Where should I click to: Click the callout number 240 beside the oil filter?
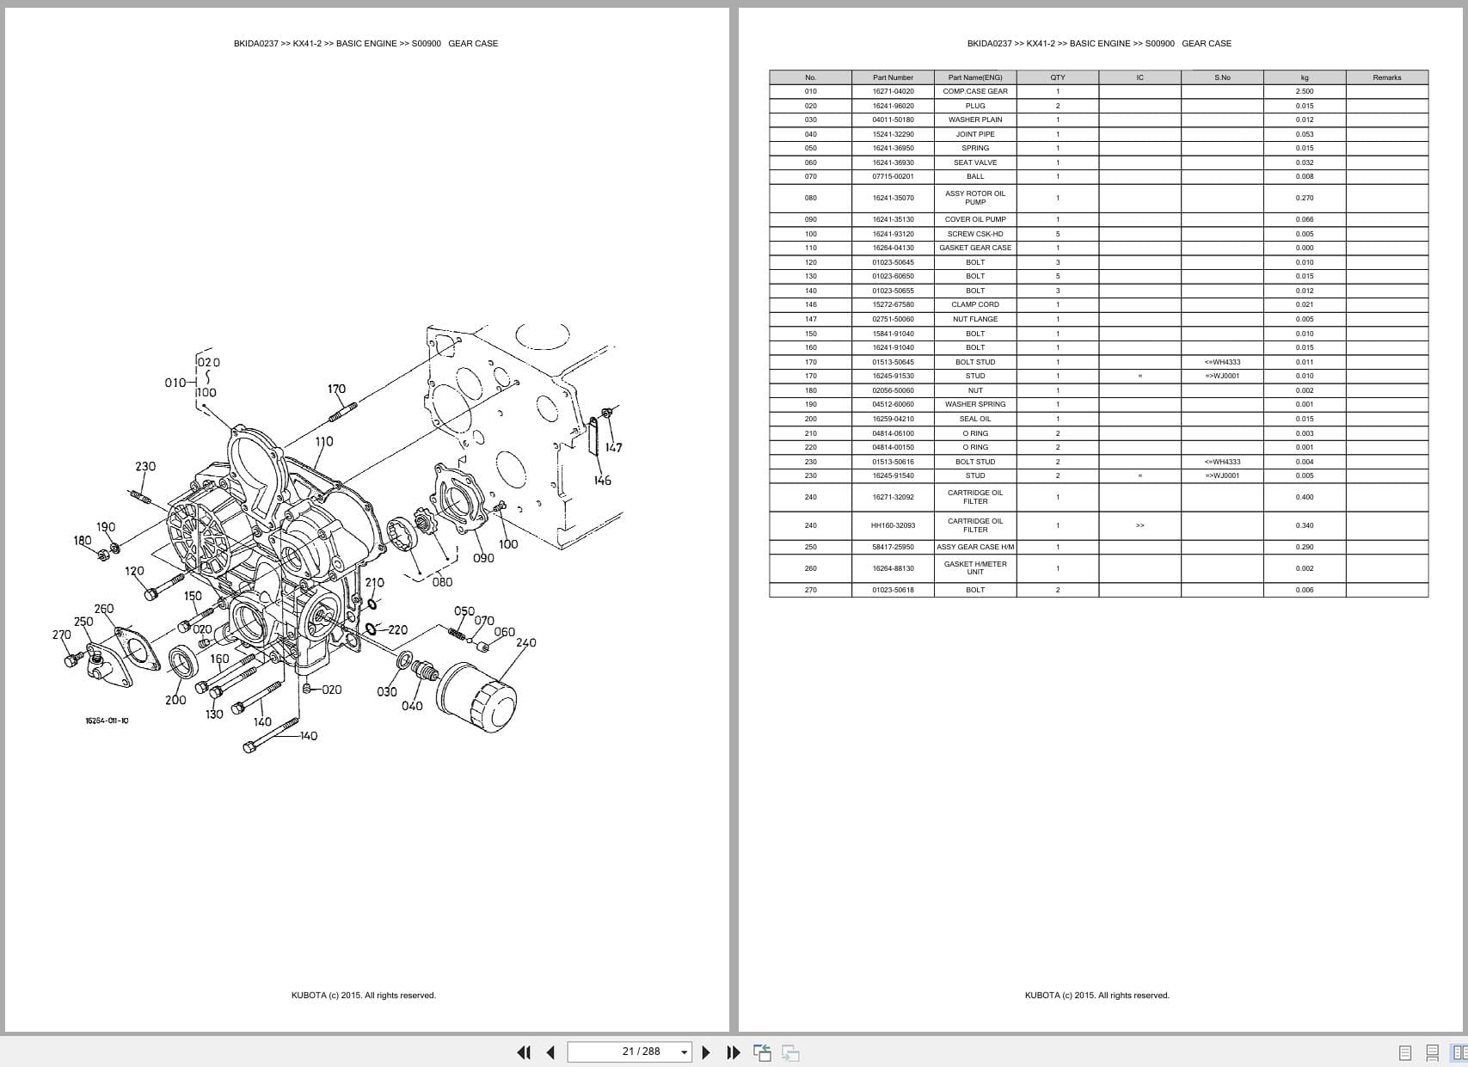(x=525, y=642)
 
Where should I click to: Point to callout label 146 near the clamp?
(x=602, y=481)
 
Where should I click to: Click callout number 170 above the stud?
(x=336, y=389)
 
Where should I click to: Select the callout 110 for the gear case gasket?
(x=323, y=442)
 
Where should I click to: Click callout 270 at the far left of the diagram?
(x=61, y=635)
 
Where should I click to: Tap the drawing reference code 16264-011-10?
(x=107, y=721)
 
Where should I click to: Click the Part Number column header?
(x=893, y=77)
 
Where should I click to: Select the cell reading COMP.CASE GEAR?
(x=975, y=91)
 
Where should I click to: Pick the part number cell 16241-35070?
(x=893, y=198)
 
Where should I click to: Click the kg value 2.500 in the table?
(x=1304, y=91)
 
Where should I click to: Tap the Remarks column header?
(x=1386, y=77)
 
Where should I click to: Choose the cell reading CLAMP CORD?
(x=975, y=304)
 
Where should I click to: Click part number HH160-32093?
(x=893, y=525)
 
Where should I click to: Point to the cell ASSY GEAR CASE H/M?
(x=975, y=547)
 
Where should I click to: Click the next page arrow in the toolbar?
(x=706, y=1052)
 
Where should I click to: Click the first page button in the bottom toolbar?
(x=523, y=1052)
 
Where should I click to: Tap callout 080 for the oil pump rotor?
(x=442, y=582)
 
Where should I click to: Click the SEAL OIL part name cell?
(x=975, y=419)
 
